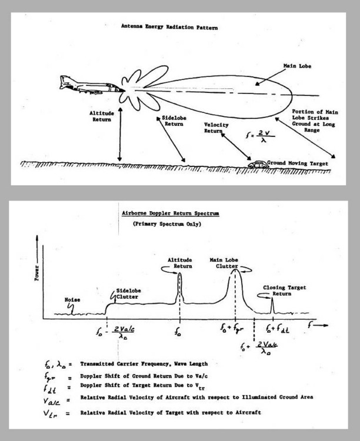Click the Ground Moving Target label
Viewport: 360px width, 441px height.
click(296, 163)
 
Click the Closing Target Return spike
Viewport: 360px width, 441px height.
click(271, 306)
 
